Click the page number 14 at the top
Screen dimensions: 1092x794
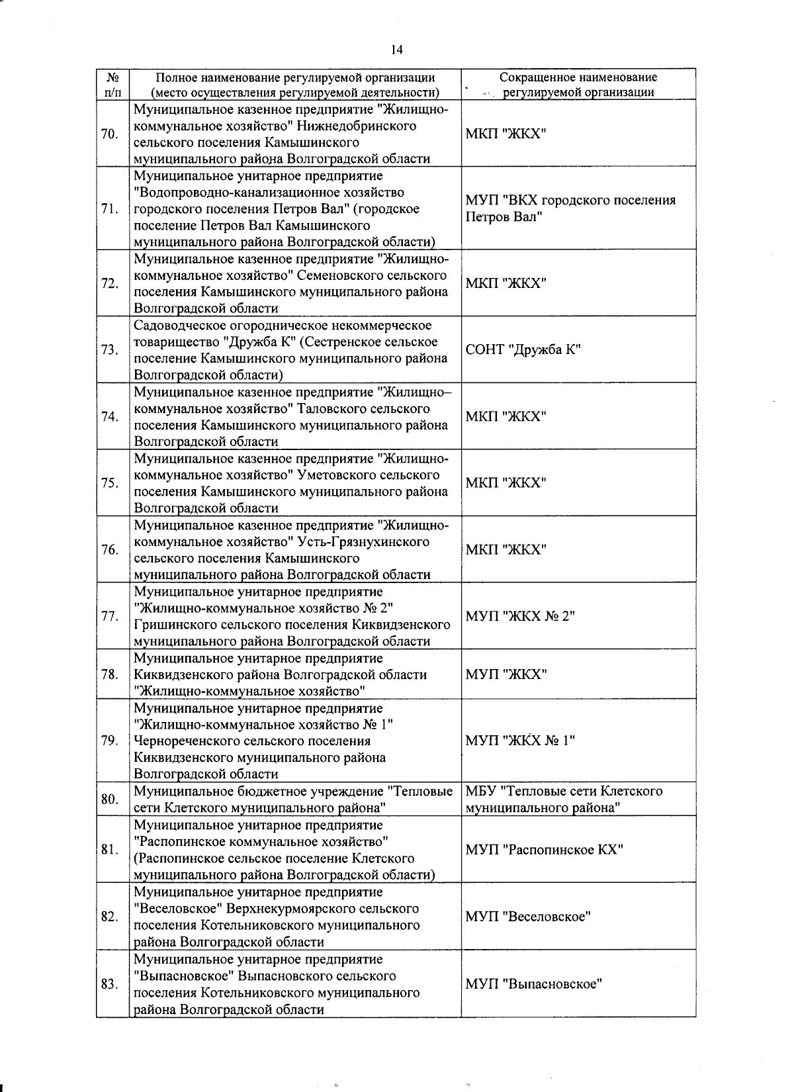396,50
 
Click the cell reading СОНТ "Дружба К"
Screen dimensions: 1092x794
523,350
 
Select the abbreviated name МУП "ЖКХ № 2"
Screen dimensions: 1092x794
520,616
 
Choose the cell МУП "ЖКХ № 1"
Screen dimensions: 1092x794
520,741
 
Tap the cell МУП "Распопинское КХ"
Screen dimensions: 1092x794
544,850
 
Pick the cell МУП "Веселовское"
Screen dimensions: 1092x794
528,917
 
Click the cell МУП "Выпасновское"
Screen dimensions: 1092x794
533,984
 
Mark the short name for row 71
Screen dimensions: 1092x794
570,208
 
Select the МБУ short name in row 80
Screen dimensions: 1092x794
564,799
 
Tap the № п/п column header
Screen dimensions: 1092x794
112,85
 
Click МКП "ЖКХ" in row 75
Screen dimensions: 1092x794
506,483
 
